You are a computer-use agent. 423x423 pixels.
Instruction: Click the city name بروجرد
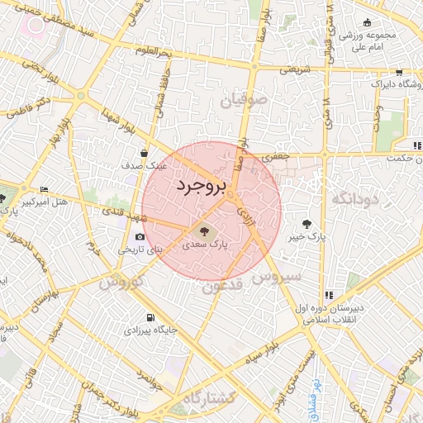pyautogui.click(x=201, y=188)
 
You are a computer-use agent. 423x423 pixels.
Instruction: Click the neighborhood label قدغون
pyautogui.click(x=221, y=287)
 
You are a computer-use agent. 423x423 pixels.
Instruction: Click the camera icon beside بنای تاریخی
pyautogui.click(x=139, y=237)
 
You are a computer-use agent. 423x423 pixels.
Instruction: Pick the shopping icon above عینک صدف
pyautogui.click(x=145, y=153)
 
